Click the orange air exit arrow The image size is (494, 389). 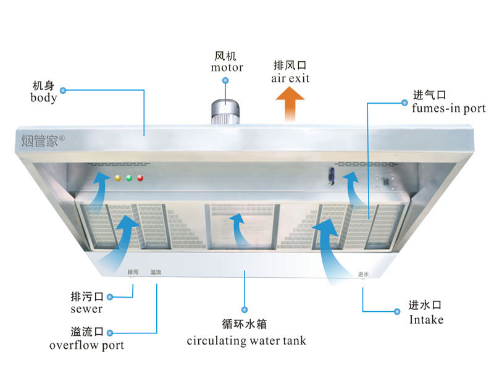pyautogui.click(x=290, y=104)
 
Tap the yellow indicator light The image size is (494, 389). pyautogui.click(x=118, y=178)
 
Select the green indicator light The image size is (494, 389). pyautogui.click(x=129, y=178)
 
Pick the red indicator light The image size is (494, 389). pyautogui.click(x=140, y=178)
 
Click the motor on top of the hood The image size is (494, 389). pyautogui.click(x=225, y=112)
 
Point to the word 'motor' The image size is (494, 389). pyautogui.click(x=227, y=67)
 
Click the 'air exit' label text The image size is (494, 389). pyautogui.click(x=290, y=78)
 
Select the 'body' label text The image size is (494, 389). pyautogui.click(x=43, y=98)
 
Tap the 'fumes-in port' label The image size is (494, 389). pyautogui.click(x=449, y=108)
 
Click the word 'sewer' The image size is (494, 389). pyautogui.click(x=86, y=309)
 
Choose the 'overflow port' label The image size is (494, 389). pyautogui.click(x=86, y=345)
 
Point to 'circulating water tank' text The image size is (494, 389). pyautogui.click(x=246, y=341)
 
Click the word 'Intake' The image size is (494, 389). pyautogui.click(x=426, y=320)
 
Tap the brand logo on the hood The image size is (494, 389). pyautogui.click(x=43, y=141)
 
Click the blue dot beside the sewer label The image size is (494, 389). pyautogui.click(x=110, y=297)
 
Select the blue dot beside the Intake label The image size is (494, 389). pyautogui.click(x=397, y=312)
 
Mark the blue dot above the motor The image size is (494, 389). pyautogui.click(x=225, y=81)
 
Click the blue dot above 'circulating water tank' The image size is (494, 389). pyautogui.click(x=245, y=309)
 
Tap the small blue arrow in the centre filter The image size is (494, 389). pyautogui.click(x=240, y=228)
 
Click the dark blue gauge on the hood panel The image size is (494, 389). pyautogui.click(x=332, y=176)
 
